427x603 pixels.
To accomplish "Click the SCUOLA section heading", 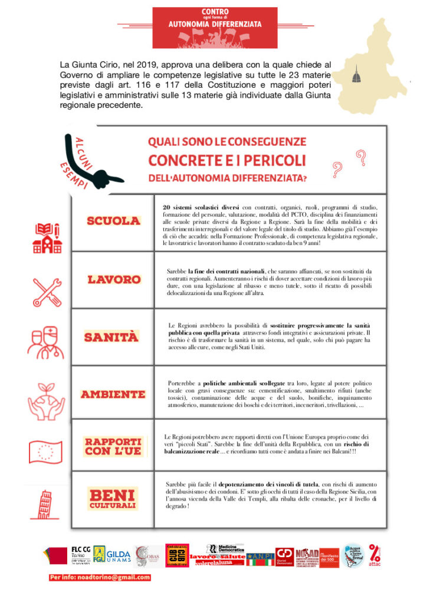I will click(114, 221).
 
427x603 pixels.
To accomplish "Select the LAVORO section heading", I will click(114, 279).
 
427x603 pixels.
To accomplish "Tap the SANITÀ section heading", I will click(111, 337).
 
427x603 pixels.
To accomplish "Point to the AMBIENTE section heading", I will click(113, 394).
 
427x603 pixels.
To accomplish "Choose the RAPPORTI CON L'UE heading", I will click(113, 446).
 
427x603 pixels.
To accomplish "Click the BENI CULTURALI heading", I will click(113, 498).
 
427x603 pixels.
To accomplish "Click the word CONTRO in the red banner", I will click(215, 12).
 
